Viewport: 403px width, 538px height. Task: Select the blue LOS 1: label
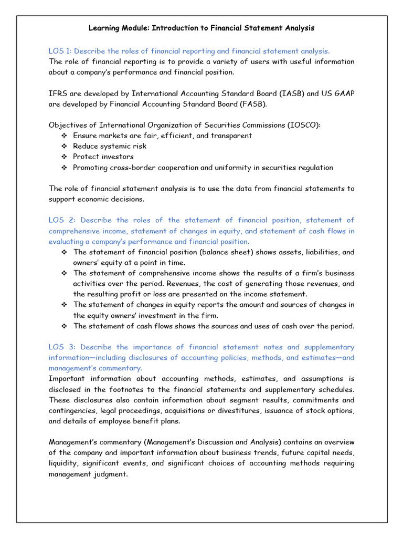point(61,51)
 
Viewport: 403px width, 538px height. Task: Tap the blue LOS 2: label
point(62,220)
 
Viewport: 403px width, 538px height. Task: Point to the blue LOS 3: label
point(62,347)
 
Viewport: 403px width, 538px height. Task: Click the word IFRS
point(58,94)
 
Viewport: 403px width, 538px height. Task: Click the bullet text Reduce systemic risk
point(109,146)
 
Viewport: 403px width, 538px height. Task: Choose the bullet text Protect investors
point(103,157)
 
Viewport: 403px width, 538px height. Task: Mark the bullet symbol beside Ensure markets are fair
point(64,136)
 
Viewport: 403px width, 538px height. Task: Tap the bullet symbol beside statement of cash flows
point(64,326)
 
